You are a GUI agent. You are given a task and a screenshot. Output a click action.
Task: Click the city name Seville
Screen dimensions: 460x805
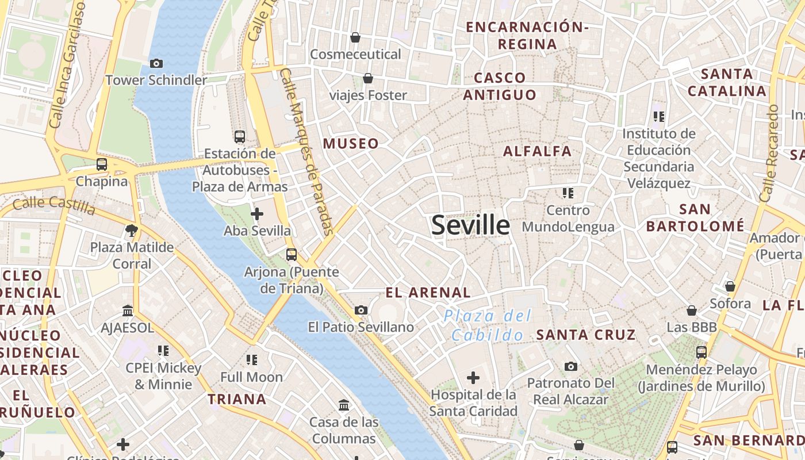(x=470, y=225)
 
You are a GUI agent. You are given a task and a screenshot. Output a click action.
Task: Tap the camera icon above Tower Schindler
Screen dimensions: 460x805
(x=156, y=63)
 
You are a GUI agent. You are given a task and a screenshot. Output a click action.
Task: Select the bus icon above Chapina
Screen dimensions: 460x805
(x=102, y=164)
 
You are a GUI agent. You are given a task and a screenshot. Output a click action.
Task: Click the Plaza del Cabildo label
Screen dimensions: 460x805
(x=488, y=325)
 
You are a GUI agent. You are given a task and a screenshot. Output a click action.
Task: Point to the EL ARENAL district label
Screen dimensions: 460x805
(x=428, y=293)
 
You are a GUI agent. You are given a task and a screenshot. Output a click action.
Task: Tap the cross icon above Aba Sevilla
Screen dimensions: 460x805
(x=257, y=214)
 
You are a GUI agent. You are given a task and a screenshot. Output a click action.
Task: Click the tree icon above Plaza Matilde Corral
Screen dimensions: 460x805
(x=132, y=231)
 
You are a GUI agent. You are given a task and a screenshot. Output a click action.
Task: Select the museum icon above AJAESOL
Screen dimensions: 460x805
(x=128, y=311)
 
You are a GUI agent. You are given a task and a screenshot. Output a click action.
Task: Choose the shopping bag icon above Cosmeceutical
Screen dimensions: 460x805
(x=355, y=37)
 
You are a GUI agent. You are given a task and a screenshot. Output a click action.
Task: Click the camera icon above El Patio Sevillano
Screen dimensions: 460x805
(x=361, y=310)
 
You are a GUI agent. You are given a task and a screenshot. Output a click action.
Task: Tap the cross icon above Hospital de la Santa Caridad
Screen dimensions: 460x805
(x=473, y=378)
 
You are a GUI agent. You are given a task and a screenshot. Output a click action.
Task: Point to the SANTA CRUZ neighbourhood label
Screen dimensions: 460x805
(x=586, y=335)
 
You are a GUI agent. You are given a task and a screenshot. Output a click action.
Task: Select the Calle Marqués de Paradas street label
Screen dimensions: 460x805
(x=307, y=152)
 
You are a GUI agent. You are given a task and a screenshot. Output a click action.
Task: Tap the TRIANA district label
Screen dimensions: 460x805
(x=237, y=399)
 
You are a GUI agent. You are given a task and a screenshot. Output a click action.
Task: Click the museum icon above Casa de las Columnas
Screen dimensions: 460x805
(x=344, y=405)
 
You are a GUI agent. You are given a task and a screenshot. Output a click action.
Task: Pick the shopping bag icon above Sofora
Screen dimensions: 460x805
(x=730, y=286)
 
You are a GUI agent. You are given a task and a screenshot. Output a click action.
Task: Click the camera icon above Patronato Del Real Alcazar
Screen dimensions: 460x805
(x=570, y=366)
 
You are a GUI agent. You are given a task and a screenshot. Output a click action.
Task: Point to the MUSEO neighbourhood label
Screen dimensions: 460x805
(x=351, y=144)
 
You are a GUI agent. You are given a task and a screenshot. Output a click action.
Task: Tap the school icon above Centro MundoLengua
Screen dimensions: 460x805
(x=568, y=193)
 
